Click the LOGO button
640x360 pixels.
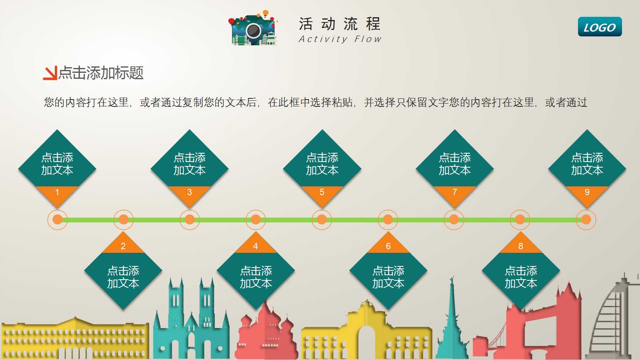tap(600, 27)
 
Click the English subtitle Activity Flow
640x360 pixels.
tap(340, 39)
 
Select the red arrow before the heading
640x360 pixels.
tap(50, 73)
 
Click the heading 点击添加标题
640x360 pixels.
tap(101, 73)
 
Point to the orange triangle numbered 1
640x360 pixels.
tap(57, 194)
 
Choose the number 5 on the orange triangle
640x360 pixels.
tap(322, 192)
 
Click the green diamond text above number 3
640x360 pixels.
tap(190, 164)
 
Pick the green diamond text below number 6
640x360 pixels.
tap(388, 277)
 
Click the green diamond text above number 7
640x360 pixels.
tap(454, 164)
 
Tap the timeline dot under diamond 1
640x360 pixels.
tap(58, 220)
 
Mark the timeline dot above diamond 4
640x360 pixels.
tap(256, 220)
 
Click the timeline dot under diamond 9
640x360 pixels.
tap(586, 220)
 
